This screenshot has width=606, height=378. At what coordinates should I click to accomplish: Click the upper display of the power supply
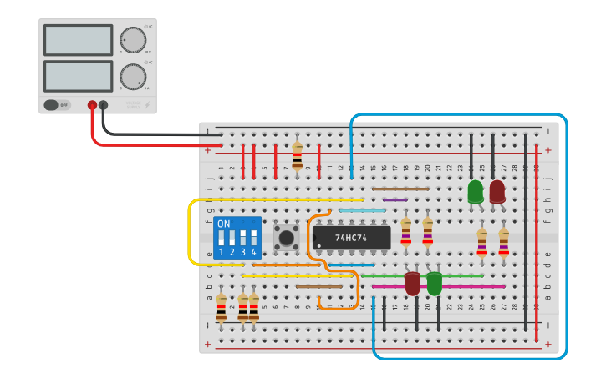[78, 40]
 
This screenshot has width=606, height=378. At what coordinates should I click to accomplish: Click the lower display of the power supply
[78, 76]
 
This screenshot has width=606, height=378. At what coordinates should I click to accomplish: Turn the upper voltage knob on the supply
[132, 39]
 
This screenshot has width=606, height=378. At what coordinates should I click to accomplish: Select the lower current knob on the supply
[132, 76]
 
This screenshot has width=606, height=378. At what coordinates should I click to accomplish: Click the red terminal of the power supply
[92, 105]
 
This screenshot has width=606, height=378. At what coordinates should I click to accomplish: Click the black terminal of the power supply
[103, 105]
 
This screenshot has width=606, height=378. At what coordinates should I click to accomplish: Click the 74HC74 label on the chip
[352, 238]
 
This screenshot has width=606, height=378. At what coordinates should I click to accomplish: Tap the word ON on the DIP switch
[223, 224]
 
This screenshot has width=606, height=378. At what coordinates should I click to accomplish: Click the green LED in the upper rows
[475, 192]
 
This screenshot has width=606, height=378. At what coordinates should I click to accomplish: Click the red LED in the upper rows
[497, 192]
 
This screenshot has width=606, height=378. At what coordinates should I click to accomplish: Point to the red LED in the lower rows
[412, 284]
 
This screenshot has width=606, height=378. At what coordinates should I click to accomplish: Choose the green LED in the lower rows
[434, 284]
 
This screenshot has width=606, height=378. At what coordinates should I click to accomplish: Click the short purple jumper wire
[395, 199]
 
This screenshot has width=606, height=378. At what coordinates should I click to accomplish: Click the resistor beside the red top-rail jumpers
[297, 154]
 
